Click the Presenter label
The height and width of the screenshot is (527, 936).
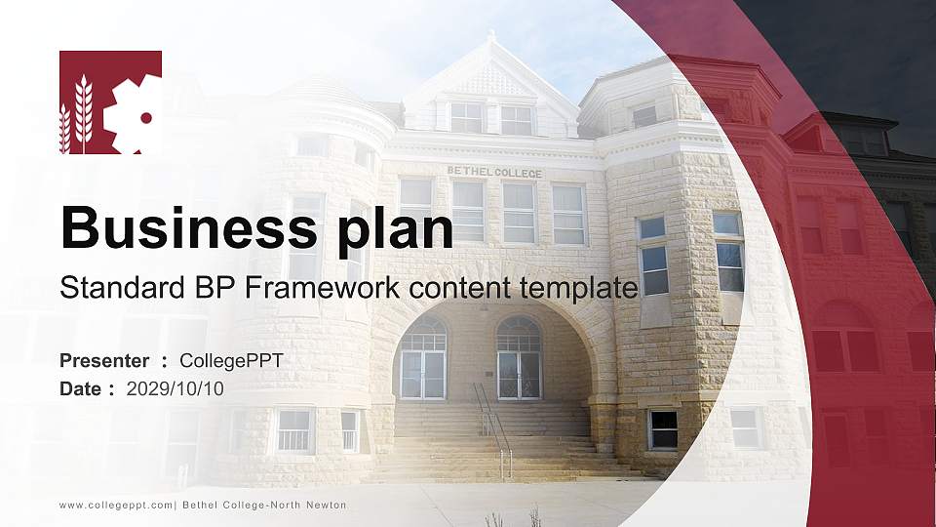[104, 360]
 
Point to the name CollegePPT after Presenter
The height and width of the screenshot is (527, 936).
[232, 360]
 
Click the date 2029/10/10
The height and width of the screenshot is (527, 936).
[175, 388]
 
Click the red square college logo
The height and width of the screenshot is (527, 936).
[110, 102]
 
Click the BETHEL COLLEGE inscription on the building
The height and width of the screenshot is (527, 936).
[494, 172]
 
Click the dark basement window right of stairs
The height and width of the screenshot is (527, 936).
[663, 428]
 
